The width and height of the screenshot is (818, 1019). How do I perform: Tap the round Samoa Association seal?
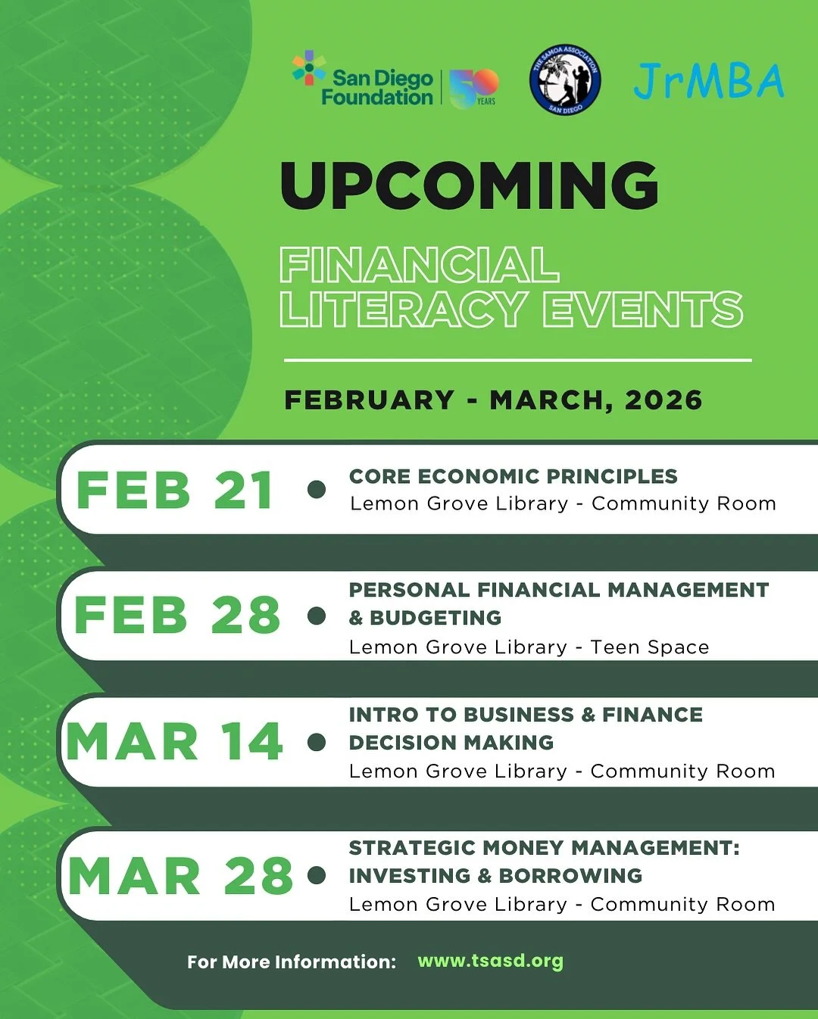(x=565, y=79)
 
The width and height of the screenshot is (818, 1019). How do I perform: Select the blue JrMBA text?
(x=709, y=81)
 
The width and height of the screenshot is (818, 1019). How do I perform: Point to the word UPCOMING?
(x=470, y=185)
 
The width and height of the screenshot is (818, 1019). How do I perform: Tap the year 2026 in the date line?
(x=663, y=400)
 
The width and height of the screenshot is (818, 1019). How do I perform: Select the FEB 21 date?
(x=174, y=491)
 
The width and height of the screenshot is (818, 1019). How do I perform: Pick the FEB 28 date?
(x=176, y=615)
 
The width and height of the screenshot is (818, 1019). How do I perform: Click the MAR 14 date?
(x=174, y=741)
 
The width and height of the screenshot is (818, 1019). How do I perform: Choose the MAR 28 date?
(x=180, y=877)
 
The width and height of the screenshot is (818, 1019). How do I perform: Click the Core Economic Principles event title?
(x=513, y=476)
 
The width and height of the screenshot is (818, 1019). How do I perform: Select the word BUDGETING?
(x=436, y=618)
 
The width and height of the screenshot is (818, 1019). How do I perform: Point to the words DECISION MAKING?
(x=451, y=743)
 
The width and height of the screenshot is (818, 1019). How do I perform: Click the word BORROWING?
(x=570, y=876)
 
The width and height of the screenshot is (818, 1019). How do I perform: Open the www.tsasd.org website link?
(x=490, y=961)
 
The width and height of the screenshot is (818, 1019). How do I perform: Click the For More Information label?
(x=292, y=962)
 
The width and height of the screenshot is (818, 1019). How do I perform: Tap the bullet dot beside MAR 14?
(x=317, y=742)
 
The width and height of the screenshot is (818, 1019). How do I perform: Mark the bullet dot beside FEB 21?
(x=317, y=490)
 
